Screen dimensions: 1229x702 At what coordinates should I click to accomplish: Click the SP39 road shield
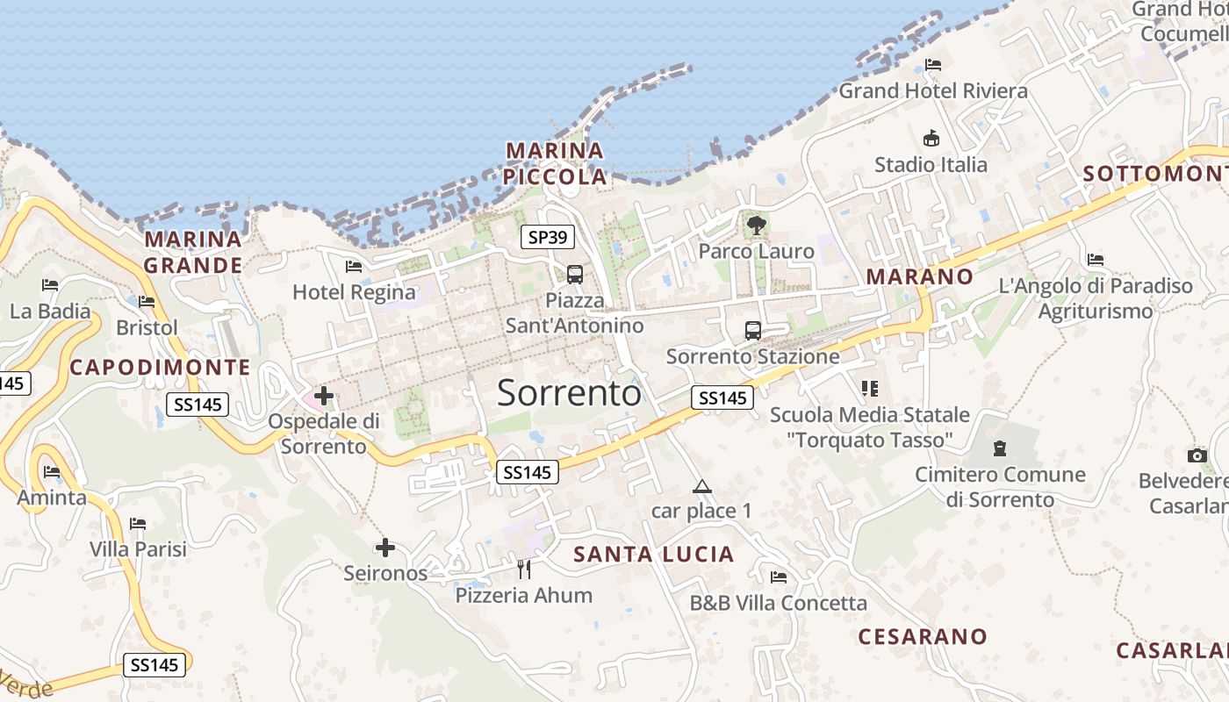(x=547, y=236)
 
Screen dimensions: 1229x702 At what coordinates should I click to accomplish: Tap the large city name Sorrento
(x=569, y=393)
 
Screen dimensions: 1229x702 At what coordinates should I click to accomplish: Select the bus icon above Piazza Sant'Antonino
(x=575, y=275)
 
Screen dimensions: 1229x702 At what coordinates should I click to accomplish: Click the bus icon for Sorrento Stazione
(x=753, y=331)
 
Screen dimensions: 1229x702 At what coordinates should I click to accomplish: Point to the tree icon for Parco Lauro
(x=756, y=226)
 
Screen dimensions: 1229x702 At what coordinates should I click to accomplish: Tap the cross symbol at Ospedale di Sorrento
(x=324, y=396)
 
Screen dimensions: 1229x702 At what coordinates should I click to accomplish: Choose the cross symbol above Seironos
(x=385, y=548)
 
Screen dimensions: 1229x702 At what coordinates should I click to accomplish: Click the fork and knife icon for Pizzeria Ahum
(x=524, y=569)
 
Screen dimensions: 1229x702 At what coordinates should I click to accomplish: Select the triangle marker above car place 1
(x=701, y=486)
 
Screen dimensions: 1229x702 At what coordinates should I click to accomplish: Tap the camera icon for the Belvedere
(x=1197, y=455)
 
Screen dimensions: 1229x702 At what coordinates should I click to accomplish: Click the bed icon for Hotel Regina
(x=354, y=266)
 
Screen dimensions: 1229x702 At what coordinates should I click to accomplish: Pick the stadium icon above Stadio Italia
(x=931, y=139)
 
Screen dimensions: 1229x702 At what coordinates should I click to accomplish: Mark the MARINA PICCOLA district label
(x=555, y=163)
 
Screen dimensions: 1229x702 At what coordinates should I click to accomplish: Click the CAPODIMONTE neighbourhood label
(x=160, y=367)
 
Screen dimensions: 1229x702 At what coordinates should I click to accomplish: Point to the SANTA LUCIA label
(x=653, y=554)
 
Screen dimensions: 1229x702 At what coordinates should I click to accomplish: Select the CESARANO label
(x=923, y=636)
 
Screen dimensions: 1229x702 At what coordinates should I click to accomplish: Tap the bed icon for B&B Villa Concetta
(x=778, y=577)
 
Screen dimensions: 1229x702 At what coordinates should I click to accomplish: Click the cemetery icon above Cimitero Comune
(x=999, y=448)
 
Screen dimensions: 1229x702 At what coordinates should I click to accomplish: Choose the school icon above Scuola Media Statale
(x=869, y=388)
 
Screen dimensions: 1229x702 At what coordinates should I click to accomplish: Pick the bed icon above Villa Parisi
(x=138, y=524)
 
